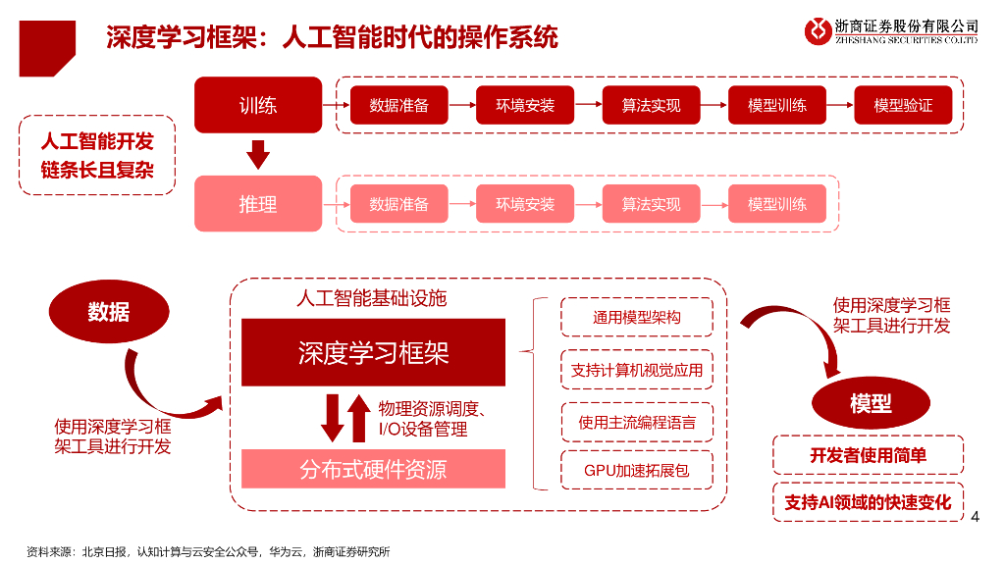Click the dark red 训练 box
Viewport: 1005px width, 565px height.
point(257,104)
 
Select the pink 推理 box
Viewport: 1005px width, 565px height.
point(257,203)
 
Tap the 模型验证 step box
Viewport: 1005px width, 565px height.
point(903,105)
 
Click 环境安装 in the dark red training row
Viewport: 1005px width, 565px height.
point(525,105)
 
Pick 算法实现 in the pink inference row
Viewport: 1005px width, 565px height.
point(651,204)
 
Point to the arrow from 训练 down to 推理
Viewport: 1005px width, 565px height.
point(257,154)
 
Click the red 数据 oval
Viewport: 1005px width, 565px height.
point(108,312)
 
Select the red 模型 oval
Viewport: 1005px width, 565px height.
point(871,402)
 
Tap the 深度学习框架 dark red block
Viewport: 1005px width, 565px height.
point(373,352)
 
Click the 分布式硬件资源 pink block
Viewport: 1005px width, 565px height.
point(373,469)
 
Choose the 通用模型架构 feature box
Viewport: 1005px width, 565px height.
point(637,317)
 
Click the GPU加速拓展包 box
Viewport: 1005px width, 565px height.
point(637,470)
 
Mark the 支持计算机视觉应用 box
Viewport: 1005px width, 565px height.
point(637,369)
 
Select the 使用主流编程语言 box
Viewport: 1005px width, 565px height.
point(637,422)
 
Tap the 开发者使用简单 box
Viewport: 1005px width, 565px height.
point(868,454)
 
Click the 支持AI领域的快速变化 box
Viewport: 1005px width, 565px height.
point(868,501)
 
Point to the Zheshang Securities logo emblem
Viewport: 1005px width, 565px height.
point(818,30)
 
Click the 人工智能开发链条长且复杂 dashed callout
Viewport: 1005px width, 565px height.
point(97,155)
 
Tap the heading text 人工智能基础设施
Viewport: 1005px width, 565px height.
point(371,297)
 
